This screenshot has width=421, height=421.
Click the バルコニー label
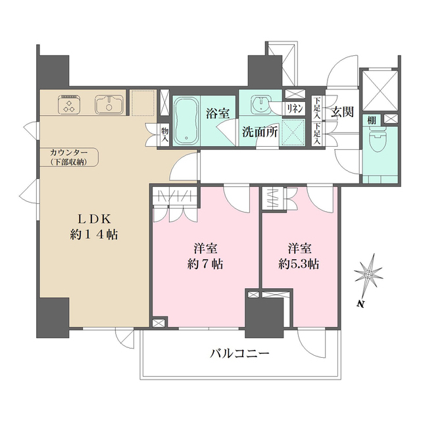(x=239, y=353)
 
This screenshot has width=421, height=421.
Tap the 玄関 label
(x=342, y=112)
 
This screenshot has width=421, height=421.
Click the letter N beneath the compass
(x=361, y=304)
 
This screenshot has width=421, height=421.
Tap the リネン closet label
(x=294, y=107)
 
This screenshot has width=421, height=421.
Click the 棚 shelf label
(x=372, y=120)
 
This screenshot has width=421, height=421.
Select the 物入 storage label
(x=164, y=136)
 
